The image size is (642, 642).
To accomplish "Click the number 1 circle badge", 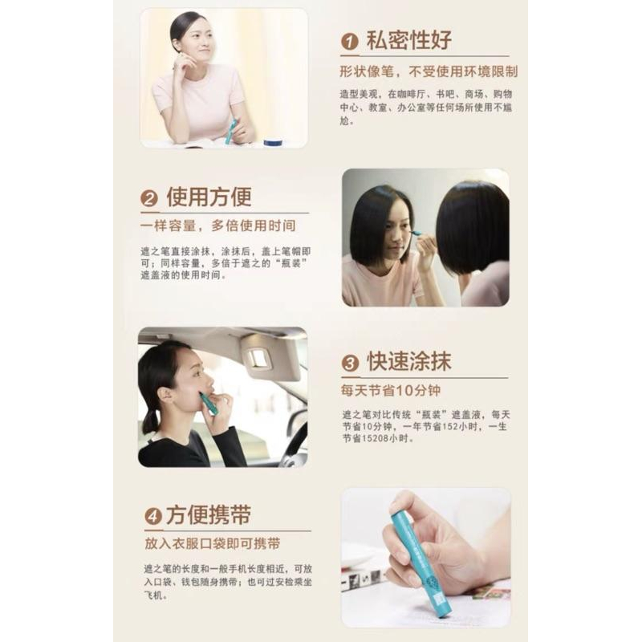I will (350, 41).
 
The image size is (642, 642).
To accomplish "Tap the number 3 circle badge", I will (350, 363).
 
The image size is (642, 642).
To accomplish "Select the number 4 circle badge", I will (152, 516).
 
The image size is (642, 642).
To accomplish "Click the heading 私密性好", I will (408, 40).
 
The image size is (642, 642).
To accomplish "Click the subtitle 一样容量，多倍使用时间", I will (217, 226).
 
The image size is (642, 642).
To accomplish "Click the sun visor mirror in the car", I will (258, 359).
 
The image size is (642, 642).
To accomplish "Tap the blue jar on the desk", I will (274, 142).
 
